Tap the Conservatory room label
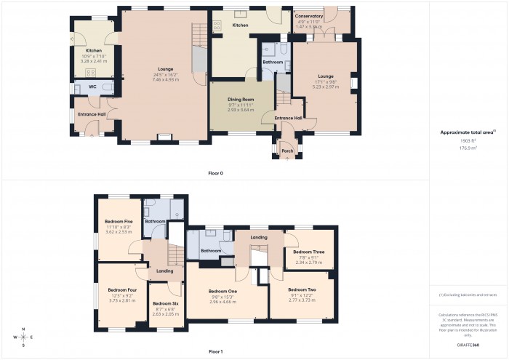[309, 16]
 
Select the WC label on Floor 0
[92, 87]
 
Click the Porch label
[287, 151]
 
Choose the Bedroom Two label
[302, 289]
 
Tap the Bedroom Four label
[112, 289]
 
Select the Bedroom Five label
[118, 221]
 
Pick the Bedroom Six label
[166, 303]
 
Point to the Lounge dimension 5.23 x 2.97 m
[325, 86]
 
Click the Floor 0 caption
[215, 173]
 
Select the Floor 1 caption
[215, 351]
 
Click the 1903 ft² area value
[468, 140]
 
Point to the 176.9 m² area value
[468, 148]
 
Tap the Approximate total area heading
[467, 132]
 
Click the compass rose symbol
[23, 337]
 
